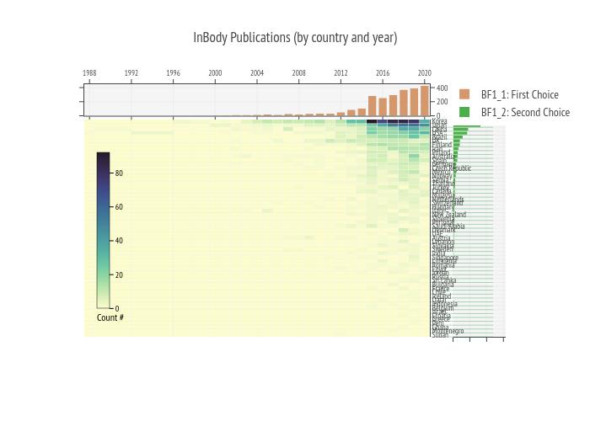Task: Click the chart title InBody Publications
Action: [x=295, y=38]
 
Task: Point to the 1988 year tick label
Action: [x=89, y=73]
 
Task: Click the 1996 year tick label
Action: [x=173, y=73]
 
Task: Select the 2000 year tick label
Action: [x=215, y=73]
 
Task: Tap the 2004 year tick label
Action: [x=257, y=73]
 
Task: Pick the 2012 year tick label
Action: [x=341, y=73]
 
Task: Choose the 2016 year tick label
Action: [x=383, y=73]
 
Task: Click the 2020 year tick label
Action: [x=424, y=73]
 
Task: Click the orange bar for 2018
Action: [x=404, y=103]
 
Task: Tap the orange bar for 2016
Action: [x=383, y=107]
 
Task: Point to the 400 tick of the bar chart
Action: [x=442, y=88]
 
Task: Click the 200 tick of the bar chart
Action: [x=442, y=102]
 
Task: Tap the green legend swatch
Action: [x=464, y=112]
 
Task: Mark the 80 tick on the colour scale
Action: [x=119, y=173]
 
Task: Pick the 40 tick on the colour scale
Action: [x=119, y=241]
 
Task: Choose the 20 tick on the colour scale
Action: [x=119, y=274]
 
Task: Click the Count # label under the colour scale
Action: [x=110, y=317]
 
